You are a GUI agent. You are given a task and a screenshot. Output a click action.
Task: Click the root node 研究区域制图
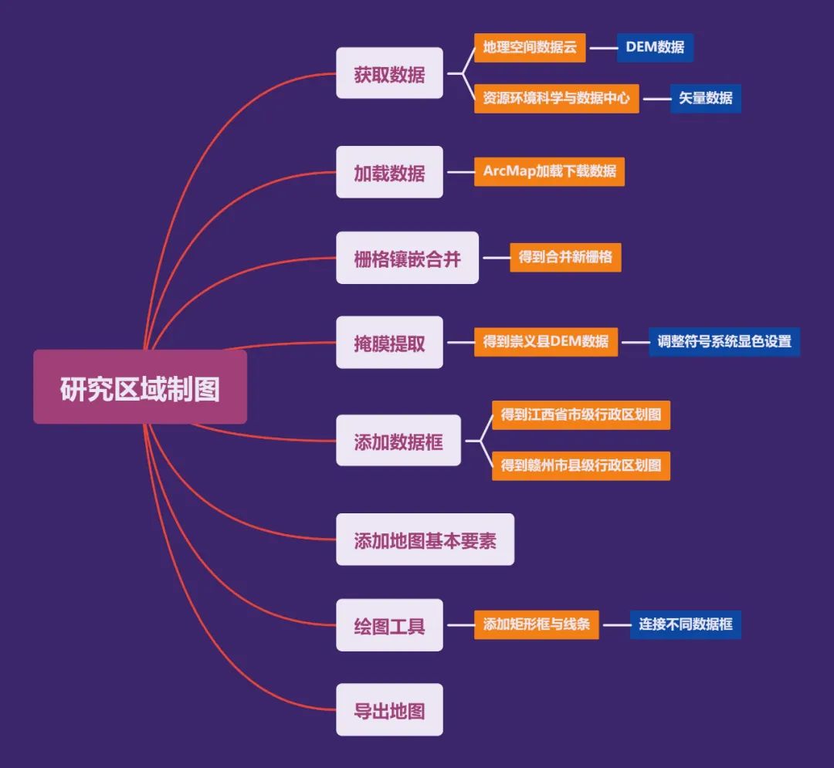point(140,387)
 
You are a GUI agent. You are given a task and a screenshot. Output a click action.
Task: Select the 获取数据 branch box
point(389,73)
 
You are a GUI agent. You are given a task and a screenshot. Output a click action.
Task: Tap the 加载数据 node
point(389,172)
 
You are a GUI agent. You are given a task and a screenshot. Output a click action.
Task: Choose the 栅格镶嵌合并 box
point(407,258)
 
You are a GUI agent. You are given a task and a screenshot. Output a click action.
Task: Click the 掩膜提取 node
point(389,343)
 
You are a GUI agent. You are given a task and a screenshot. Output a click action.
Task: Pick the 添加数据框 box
point(398,441)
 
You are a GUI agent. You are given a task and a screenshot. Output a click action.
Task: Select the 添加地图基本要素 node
point(425,540)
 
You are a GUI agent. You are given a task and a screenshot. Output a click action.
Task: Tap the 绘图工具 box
point(389,624)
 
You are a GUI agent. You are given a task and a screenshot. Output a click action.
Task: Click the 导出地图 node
point(389,709)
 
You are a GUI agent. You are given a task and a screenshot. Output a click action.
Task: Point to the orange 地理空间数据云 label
point(530,47)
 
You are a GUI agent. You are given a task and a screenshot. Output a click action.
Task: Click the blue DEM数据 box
point(655,47)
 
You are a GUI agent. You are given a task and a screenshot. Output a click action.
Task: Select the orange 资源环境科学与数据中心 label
point(556,98)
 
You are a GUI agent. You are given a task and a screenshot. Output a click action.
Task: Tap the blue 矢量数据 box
point(705,98)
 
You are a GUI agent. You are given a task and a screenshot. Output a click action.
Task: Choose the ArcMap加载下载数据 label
point(549,171)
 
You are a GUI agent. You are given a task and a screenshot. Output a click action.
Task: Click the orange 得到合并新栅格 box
point(565,256)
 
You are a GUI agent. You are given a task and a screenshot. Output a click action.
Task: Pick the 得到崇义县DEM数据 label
point(546,341)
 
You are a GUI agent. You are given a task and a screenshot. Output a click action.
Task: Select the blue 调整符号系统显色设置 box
point(724,341)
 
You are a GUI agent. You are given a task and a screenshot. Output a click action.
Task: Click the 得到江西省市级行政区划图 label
point(581,414)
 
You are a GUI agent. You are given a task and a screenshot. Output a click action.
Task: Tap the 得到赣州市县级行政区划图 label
point(581,465)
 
